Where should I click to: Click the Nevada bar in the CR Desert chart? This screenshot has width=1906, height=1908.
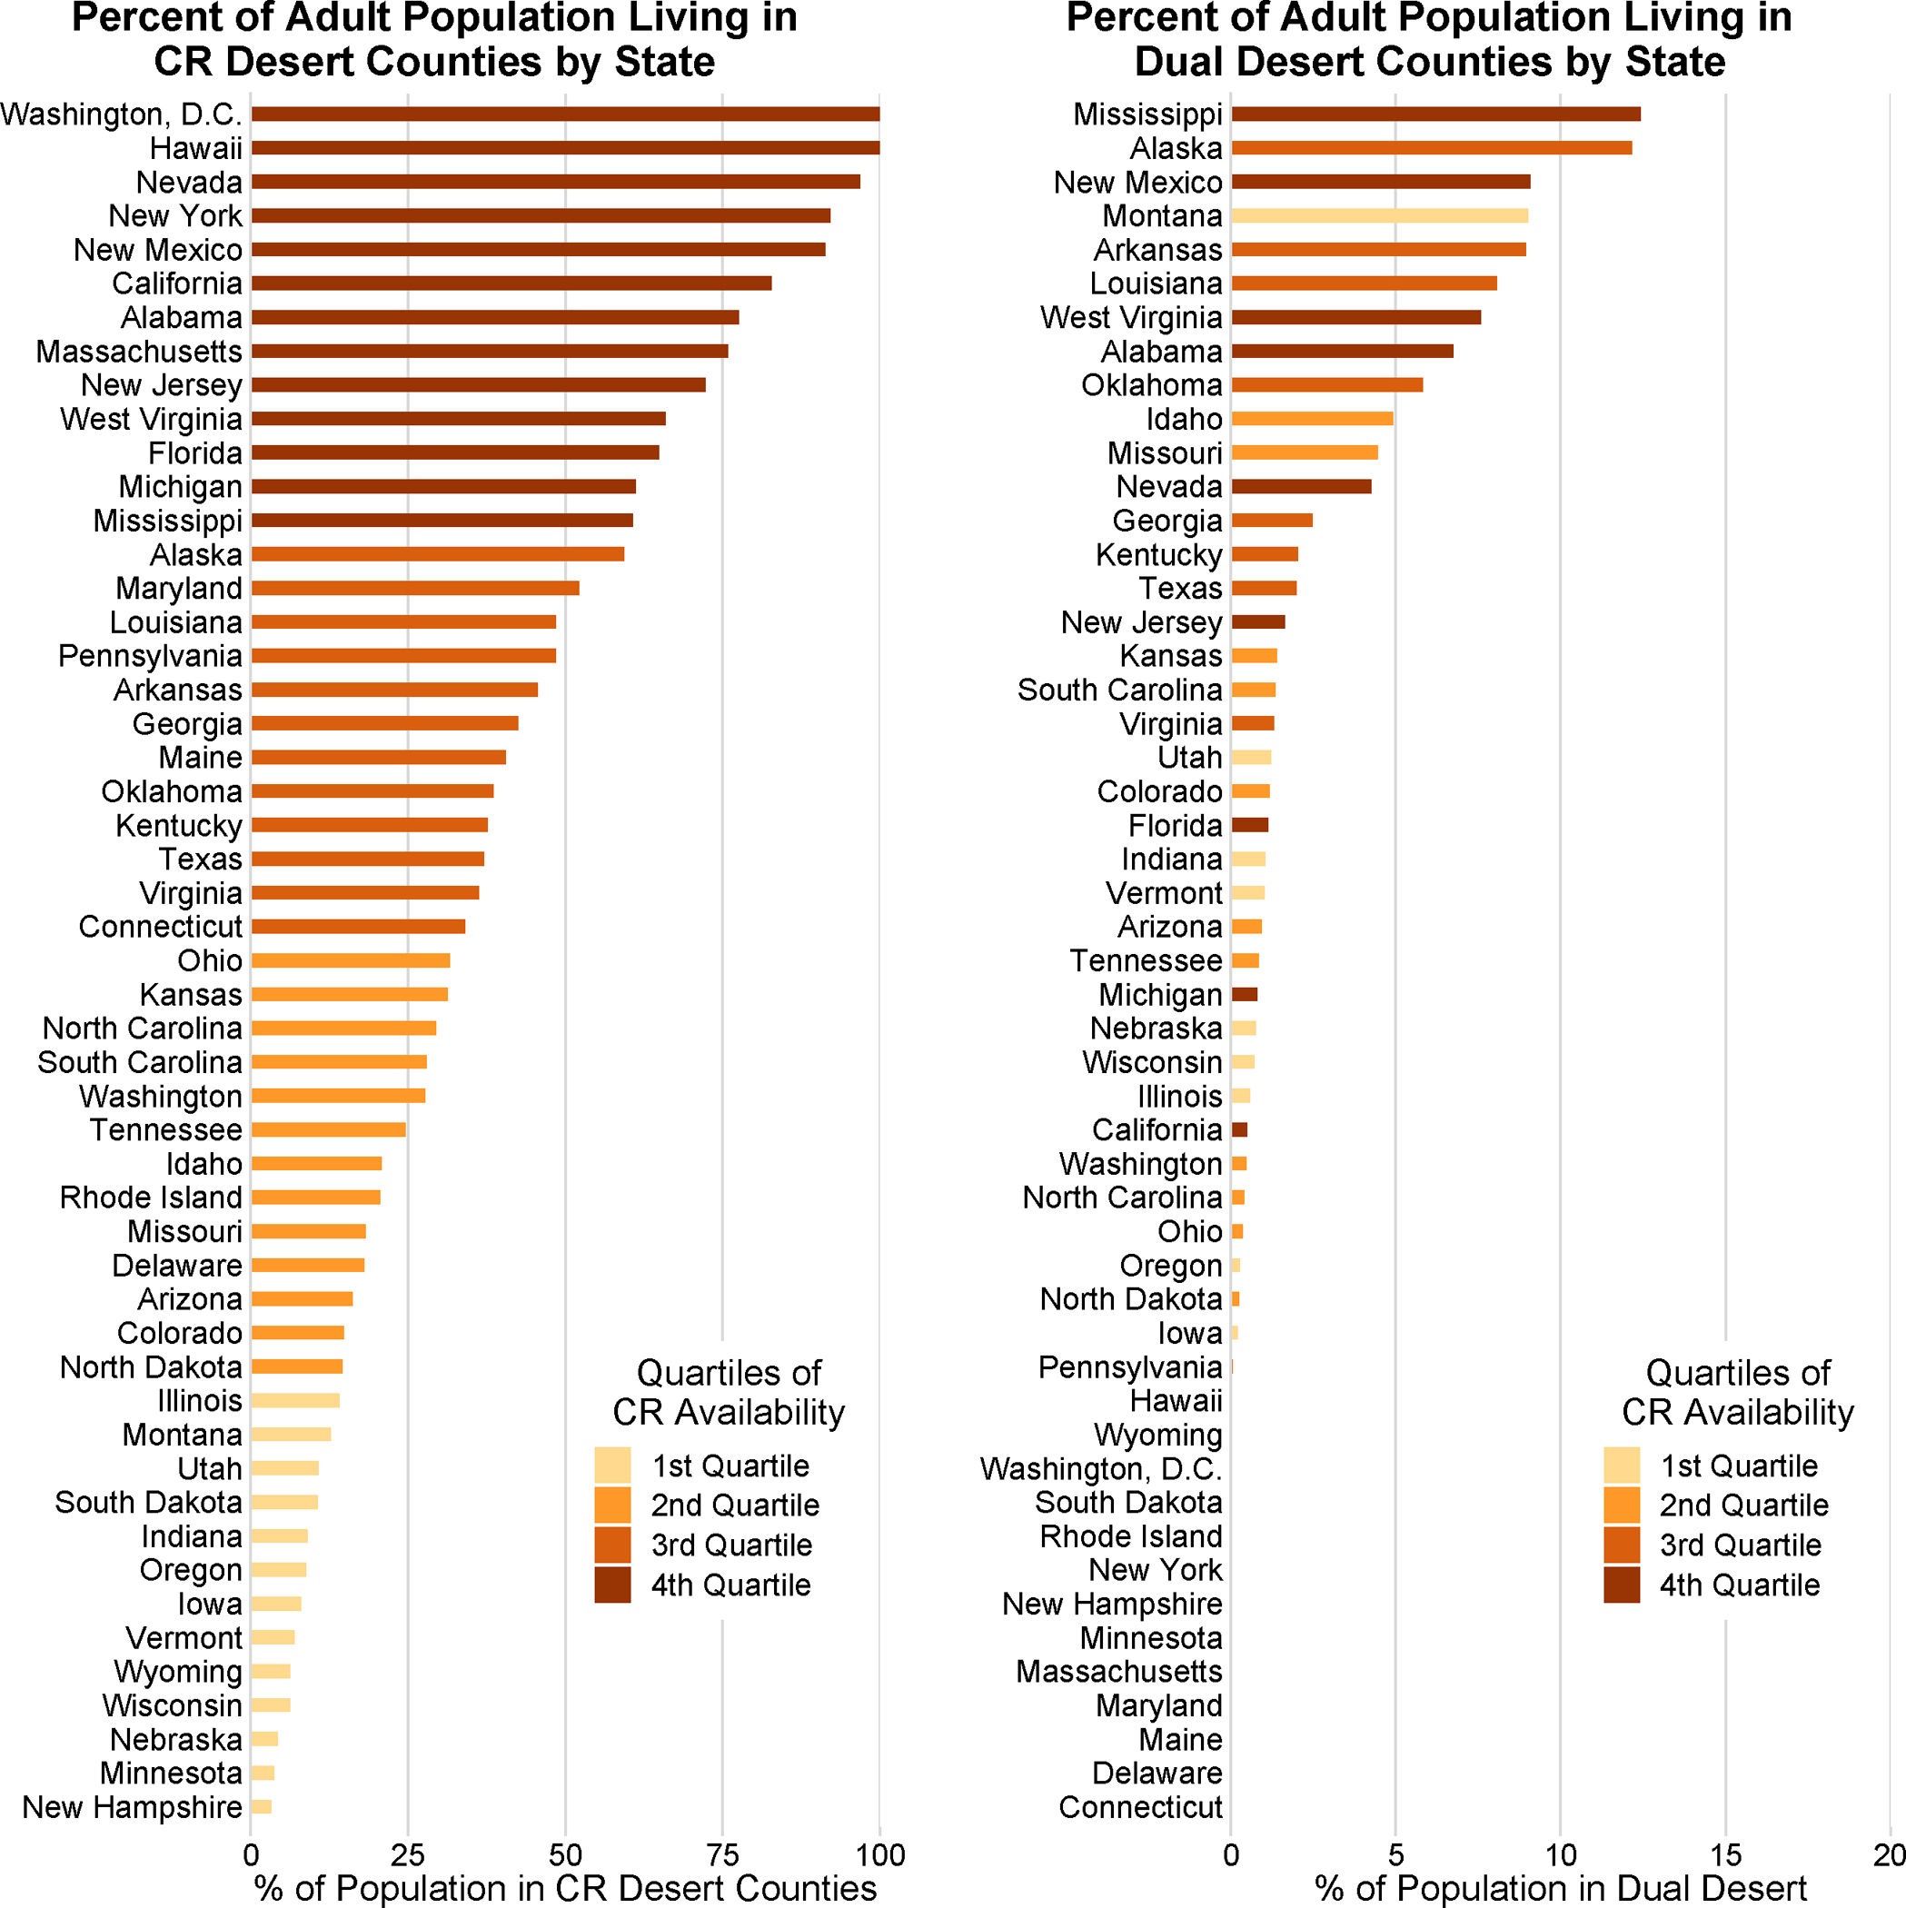tap(555, 182)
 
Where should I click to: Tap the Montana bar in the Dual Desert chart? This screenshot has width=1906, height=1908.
tap(1379, 216)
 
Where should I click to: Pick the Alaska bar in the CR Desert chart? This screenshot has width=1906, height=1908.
tap(438, 554)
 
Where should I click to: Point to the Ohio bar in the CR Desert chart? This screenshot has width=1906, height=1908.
tap(351, 961)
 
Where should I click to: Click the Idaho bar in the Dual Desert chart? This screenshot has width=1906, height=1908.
tap(1312, 419)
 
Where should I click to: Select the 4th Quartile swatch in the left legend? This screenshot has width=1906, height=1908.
tap(612, 1585)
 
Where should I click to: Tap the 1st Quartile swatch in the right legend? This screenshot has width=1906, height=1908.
tap(1621, 1466)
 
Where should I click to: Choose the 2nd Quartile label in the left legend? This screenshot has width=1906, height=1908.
tap(735, 1506)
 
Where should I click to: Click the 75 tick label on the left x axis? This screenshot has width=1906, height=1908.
tap(722, 1854)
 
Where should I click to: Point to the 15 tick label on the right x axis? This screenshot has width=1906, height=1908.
tap(1725, 1854)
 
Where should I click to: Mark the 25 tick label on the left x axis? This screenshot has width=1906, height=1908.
tap(408, 1854)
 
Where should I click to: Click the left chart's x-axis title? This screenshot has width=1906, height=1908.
tap(565, 1887)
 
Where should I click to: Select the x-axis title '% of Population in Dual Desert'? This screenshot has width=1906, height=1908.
tap(1561, 1887)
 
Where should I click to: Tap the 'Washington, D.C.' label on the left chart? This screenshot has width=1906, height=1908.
tap(122, 114)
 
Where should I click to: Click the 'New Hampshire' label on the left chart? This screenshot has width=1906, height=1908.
tap(133, 1807)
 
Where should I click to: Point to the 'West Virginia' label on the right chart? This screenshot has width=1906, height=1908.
tap(1131, 318)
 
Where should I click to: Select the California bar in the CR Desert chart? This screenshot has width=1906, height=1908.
tap(511, 283)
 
